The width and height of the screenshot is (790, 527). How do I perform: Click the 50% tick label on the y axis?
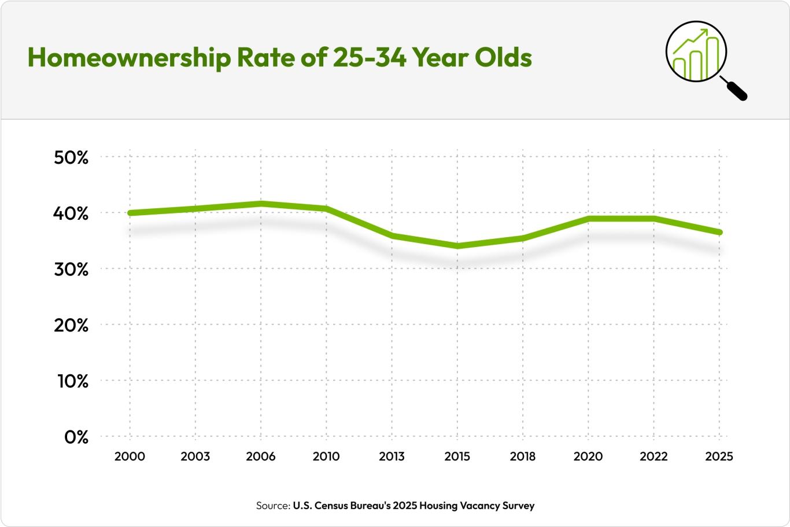[71, 157]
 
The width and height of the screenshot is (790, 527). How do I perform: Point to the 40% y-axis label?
[71, 213]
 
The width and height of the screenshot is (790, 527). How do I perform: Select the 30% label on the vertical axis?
[71, 270]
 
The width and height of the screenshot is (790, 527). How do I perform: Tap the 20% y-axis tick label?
[71, 326]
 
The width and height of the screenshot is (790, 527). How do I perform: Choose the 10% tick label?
[71, 382]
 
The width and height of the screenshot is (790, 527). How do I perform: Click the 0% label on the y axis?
[76, 437]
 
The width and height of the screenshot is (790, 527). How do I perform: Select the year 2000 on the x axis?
[130, 456]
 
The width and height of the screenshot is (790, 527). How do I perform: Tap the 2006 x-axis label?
[261, 456]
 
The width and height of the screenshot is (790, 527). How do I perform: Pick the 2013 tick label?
[392, 456]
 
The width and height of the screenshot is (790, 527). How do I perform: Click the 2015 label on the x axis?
[457, 456]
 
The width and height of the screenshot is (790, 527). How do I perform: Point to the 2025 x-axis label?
[719, 456]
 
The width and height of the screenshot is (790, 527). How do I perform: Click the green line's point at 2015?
[457, 246]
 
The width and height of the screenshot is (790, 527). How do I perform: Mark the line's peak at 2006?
[261, 204]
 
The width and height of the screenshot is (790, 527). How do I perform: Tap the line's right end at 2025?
[719, 232]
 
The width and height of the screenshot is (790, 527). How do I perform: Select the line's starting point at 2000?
[130, 213]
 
